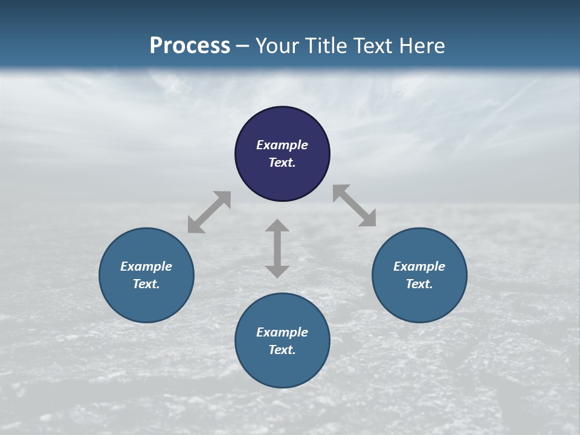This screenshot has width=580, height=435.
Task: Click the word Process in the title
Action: [x=190, y=46]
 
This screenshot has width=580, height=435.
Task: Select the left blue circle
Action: [x=146, y=302]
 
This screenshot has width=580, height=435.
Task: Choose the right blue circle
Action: [x=419, y=302]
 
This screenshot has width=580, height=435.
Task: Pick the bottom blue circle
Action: [x=282, y=369]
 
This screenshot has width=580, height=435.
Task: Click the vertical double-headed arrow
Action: [x=277, y=248]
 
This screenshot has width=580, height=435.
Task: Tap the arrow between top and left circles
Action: [x=209, y=212]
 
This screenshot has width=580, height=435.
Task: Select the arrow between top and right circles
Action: [x=355, y=205]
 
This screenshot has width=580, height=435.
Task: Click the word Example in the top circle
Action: [x=282, y=145]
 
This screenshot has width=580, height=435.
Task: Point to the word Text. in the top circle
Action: [x=282, y=163]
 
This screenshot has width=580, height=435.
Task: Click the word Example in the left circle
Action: [x=146, y=266]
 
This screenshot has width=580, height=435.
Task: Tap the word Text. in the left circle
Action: [x=146, y=284]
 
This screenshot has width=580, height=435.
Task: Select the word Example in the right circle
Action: [x=419, y=266]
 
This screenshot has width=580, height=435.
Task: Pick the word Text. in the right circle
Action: [x=419, y=284]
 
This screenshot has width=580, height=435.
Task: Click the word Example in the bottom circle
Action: [x=282, y=332]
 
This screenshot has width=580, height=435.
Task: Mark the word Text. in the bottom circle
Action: [x=282, y=350]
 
